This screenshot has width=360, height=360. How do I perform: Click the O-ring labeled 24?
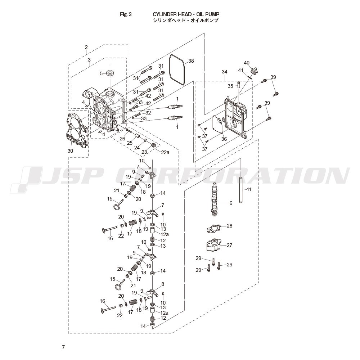pyautogui.click(x=146, y=140)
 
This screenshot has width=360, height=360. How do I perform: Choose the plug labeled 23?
pyautogui.click(x=154, y=145)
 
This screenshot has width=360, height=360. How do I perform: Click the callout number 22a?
pyautogui.click(x=165, y=152)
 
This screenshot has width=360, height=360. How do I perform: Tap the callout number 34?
pyautogui.click(x=225, y=72)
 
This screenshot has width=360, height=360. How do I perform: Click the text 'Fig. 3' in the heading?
pyautogui.click(x=126, y=14)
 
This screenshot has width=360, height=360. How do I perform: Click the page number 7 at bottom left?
pyautogui.click(x=63, y=347)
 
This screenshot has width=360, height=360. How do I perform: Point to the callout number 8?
pyautogui.click(x=163, y=284)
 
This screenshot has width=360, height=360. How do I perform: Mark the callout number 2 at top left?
pyautogui.click(x=86, y=47)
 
